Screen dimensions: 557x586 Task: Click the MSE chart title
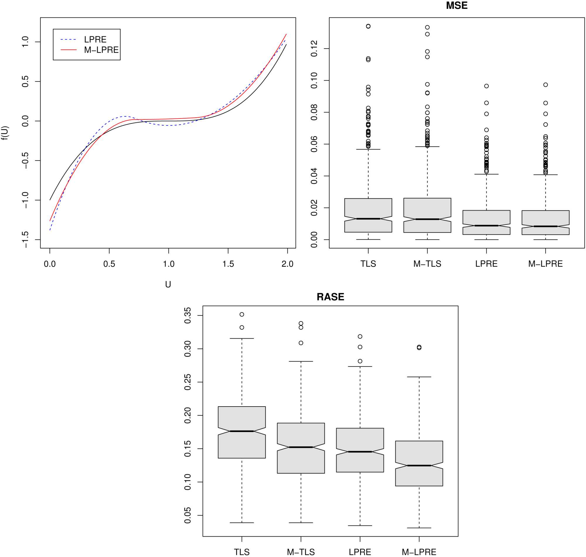coord(456,6)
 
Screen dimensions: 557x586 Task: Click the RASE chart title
coord(330,297)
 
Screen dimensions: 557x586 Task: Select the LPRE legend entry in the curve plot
coord(95,40)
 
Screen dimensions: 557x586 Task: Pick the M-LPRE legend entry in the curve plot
coord(101,50)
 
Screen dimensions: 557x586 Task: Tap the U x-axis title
coord(168,285)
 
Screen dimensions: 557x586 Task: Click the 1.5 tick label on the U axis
coord(228,264)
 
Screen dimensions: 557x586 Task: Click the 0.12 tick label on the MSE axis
coord(314,49)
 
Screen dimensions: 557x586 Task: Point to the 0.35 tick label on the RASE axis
coord(188,315)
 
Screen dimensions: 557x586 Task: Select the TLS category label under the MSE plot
coord(368,264)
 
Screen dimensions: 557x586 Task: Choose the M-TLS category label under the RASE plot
coord(301,552)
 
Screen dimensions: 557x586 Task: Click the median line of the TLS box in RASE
coord(242,431)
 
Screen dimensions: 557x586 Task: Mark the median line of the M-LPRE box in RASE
coord(419,466)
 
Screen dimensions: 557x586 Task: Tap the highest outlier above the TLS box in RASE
coord(242,314)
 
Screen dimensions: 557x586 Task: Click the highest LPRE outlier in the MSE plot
coord(486,86)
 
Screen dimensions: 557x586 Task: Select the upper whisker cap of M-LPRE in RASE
coord(419,377)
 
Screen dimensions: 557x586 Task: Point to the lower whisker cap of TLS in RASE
coord(242,523)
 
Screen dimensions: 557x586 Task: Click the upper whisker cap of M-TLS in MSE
coord(427,147)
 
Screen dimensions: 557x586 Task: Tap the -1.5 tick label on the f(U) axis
coord(25,240)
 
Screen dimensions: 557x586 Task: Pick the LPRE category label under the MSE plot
coord(486,264)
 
